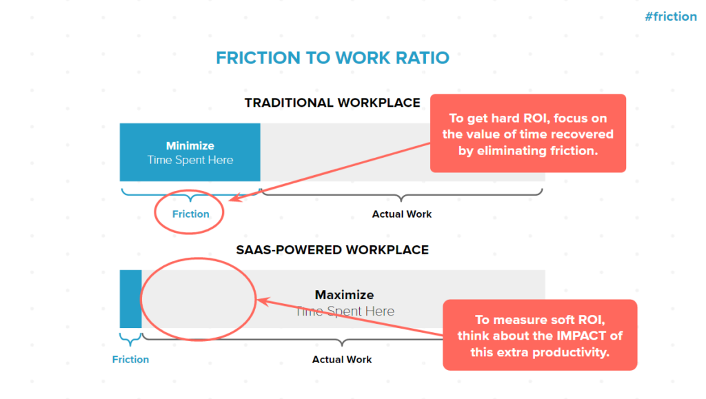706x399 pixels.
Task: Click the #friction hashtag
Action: click(671, 17)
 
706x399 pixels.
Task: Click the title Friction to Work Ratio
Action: click(333, 58)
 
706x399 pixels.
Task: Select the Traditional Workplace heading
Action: click(332, 103)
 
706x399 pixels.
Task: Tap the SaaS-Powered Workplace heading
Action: click(332, 250)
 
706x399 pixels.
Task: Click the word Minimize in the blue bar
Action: click(190, 145)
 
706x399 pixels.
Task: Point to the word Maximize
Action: click(345, 295)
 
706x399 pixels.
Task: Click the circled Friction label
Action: click(191, 214)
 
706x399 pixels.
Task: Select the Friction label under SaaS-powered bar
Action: click(130, 360)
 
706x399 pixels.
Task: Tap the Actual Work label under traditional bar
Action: click(402, 214)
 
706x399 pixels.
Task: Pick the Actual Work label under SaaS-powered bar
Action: click(342, 360)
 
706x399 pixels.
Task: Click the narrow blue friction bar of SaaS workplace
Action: click(130, 299)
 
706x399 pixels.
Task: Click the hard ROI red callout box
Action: click(528, 133)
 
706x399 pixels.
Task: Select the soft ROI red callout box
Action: click(540, 335)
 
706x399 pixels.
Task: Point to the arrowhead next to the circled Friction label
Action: click(235, 198)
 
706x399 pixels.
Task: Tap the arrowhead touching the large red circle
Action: click(263, 301)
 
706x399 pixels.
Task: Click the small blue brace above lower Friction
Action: click(130, 340)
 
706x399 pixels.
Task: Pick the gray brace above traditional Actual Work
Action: click(402, 194)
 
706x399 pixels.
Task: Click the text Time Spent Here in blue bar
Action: click(190, 160)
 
